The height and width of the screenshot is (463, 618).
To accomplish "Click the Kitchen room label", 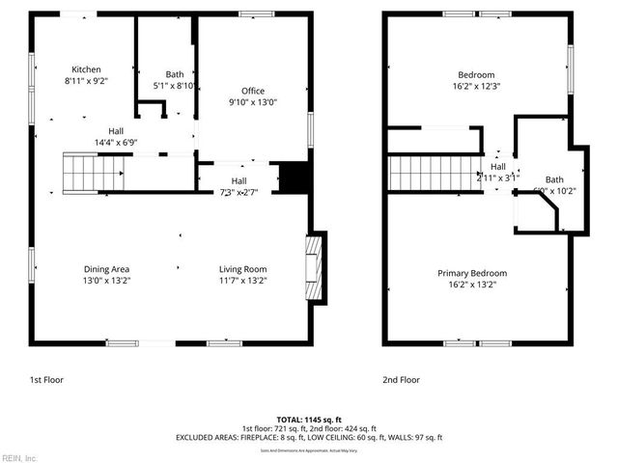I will point(86,69).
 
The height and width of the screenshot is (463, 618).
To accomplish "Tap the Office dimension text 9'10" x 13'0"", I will point(253,101).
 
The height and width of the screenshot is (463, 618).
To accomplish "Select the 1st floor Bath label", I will point(175,74).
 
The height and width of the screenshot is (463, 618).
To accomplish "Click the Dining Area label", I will point(106,269).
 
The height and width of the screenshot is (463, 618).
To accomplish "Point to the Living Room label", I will point(242,269).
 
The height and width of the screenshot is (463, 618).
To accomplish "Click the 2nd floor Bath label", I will point(553,179).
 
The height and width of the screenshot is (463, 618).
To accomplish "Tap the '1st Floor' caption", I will point(44,380).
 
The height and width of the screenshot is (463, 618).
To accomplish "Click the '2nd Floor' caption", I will point(402,380).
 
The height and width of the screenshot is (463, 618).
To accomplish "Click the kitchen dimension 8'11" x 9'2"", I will point(86,82).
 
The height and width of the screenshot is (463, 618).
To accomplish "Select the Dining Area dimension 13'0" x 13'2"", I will point(106,282).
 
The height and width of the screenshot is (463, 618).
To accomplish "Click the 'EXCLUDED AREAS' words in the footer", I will point(207,437).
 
